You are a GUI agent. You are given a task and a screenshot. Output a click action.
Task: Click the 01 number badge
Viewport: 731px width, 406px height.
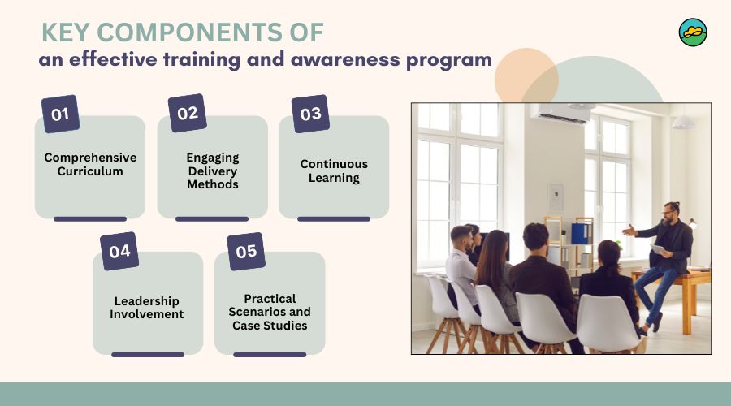tap(61, 114)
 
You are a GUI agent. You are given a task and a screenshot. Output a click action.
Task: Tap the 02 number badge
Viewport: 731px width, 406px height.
tap(188, 113)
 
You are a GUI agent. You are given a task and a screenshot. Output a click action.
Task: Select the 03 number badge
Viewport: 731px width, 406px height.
tap(310, 114)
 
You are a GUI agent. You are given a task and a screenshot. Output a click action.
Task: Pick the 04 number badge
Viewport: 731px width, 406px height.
tap(119, 251)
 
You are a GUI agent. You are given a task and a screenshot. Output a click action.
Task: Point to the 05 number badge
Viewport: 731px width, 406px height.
tap(246, 251)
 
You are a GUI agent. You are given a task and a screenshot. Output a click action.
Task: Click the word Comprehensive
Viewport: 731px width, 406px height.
tap(90, 158)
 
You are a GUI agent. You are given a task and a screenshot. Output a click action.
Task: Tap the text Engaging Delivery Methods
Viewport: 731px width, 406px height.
tap(213, 171)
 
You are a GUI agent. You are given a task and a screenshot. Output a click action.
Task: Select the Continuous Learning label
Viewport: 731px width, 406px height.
tap(334, 171)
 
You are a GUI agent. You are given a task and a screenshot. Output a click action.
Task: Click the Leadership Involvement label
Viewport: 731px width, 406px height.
tap(147, 308)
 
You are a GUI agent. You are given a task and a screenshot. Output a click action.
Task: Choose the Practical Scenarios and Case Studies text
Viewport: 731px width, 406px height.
tap(270, 312)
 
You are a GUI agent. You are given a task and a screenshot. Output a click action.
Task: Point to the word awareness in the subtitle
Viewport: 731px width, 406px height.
tap(345, 59)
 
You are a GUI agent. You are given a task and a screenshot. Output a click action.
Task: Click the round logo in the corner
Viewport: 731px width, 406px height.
tap(693, 32)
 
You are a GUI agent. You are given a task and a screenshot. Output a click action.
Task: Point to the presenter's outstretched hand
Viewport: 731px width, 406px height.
tap(629, 230)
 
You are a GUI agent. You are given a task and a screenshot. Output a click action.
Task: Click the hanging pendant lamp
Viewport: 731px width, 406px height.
tap(684, 122)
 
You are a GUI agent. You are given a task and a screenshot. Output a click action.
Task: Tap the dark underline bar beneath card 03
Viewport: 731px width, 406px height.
tap(334, 218)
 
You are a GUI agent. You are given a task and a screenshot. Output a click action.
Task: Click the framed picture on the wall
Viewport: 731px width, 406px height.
tap(556, 197)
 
